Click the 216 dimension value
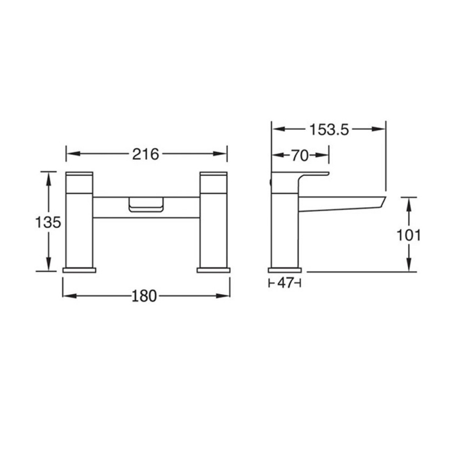(146, 154)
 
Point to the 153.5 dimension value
(329, 129)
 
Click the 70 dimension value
(300, 155)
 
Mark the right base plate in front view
(213, 269)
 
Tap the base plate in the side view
(284, 269)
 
